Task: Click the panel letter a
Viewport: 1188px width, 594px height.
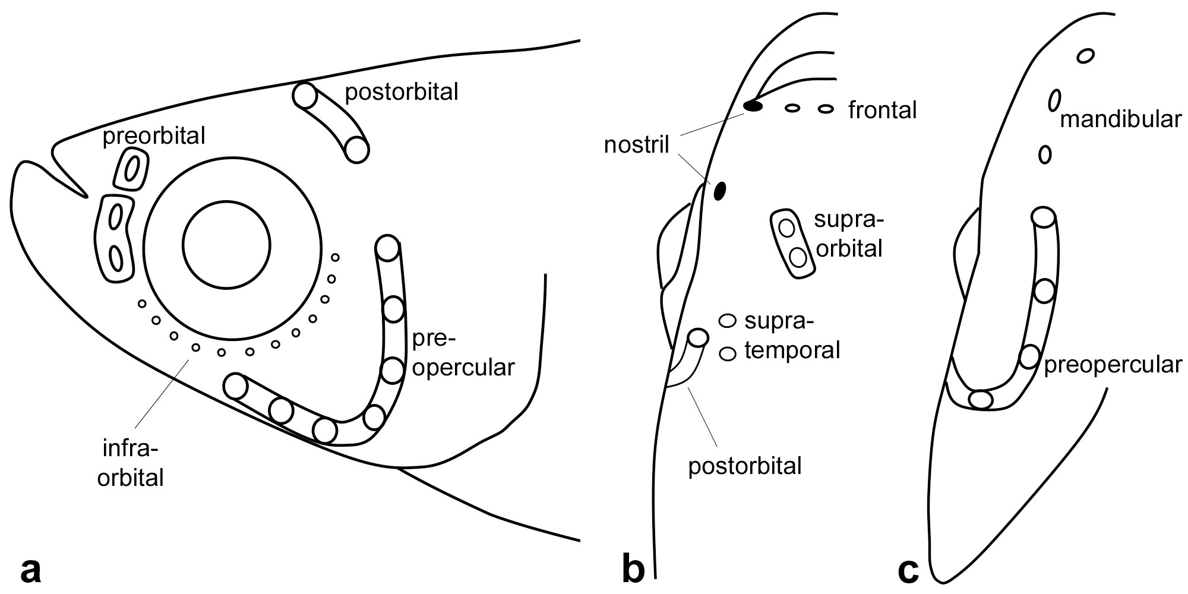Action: coord(30,571)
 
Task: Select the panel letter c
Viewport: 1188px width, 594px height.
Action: coord(909,571)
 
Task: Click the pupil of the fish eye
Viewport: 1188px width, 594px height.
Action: coord(227,244)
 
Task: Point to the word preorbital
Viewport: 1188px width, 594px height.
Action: coord(154,137)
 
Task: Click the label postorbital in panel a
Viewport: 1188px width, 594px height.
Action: coord(402,91)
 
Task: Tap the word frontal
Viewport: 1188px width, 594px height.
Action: coord(883,110)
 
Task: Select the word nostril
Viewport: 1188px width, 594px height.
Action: coord(636,144)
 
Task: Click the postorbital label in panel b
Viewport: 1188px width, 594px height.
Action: coord(745,466)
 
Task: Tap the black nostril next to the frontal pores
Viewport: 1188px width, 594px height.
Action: coord(753,107)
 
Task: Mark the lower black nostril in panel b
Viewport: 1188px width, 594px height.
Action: coord(720,191)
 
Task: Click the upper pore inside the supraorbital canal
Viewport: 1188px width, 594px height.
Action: coord(786,228)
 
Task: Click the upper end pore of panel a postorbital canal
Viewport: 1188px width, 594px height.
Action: coord(305,96)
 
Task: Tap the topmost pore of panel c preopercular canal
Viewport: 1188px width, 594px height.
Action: coord(1044,216)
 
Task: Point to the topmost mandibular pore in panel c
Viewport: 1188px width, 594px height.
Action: coord(1085,56)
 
